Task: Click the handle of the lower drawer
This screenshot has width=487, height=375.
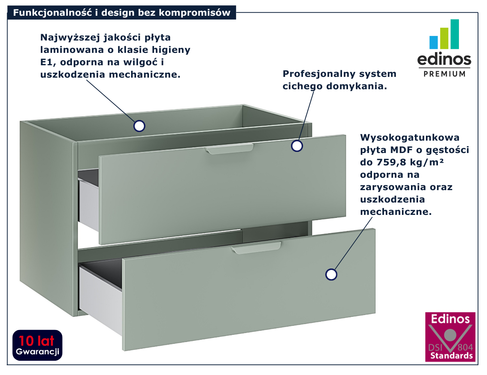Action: [x=256, y=248]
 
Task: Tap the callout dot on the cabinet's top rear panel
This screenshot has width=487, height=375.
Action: [x=139, y=126]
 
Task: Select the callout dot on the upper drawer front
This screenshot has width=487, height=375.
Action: [x=297, y=146]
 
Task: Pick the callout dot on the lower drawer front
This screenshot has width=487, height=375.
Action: [x=331, y=274]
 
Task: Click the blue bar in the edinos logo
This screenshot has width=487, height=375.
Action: [x=433, y=42]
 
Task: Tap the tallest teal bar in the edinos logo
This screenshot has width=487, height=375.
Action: [x=454, y=34]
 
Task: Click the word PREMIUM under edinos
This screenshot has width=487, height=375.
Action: [x=444, y=74]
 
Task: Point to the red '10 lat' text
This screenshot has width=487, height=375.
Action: [x=37, y=340]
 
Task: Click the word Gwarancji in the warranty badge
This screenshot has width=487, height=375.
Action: [x=37, y=352]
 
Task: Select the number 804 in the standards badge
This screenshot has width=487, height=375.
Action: [x=465, y=347]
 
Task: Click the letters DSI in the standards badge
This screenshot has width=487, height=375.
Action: [x=435, y=347]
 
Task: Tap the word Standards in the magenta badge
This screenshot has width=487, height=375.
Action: [x=451, y=356]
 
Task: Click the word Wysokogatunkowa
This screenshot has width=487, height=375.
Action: [x=409, y=138]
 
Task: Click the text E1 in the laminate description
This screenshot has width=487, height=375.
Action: [x=47, y=62]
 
